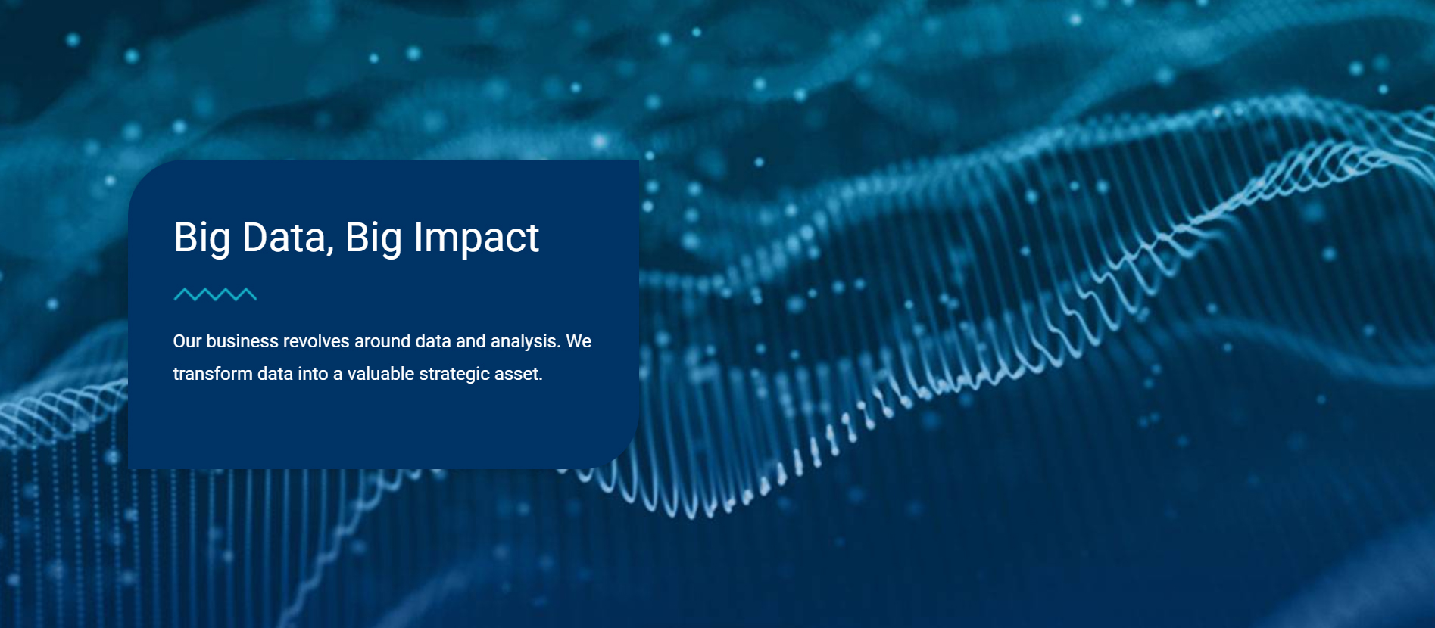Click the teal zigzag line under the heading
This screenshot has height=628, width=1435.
[x=215, y=294]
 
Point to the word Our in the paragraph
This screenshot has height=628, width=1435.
[x=187, y=341]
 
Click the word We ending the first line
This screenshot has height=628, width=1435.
[x=579, y=341]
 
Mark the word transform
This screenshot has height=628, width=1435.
[x=213, y=374]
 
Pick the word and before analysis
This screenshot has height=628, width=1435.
[x=471, y=341]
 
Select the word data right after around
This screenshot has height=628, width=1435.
[x=433, y=341]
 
